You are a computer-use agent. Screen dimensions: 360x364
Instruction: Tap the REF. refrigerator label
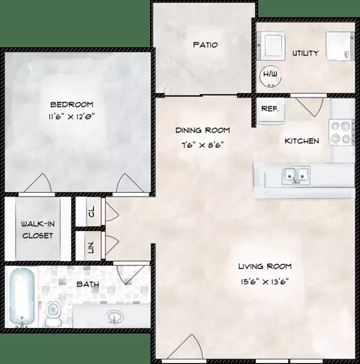click(270, 109)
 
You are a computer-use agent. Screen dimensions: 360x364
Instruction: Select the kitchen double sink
click(296, 175)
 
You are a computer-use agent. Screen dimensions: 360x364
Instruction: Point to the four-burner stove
click(341, 132)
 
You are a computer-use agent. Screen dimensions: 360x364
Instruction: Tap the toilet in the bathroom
click(52, 314)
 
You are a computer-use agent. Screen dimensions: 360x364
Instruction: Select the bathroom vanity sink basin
click(114, 317)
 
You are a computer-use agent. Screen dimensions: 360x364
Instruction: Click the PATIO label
click(205, 45)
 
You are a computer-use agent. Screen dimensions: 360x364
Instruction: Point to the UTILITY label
click(305, 53)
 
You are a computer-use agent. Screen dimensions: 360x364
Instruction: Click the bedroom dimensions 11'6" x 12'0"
click(71, 116)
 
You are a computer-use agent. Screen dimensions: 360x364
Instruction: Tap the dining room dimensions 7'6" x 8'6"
click(202, 145)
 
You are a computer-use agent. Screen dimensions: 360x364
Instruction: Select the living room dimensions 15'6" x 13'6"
click(265, 282)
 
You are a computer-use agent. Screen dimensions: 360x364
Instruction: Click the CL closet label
click(91, 212)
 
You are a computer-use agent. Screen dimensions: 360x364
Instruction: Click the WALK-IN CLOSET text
click(37, 230)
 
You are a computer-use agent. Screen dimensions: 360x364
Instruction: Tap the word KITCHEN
click(301, 141)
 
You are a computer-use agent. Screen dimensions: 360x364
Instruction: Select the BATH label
click(88, 284)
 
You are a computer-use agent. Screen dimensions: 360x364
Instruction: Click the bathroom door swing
click(130, 275)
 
